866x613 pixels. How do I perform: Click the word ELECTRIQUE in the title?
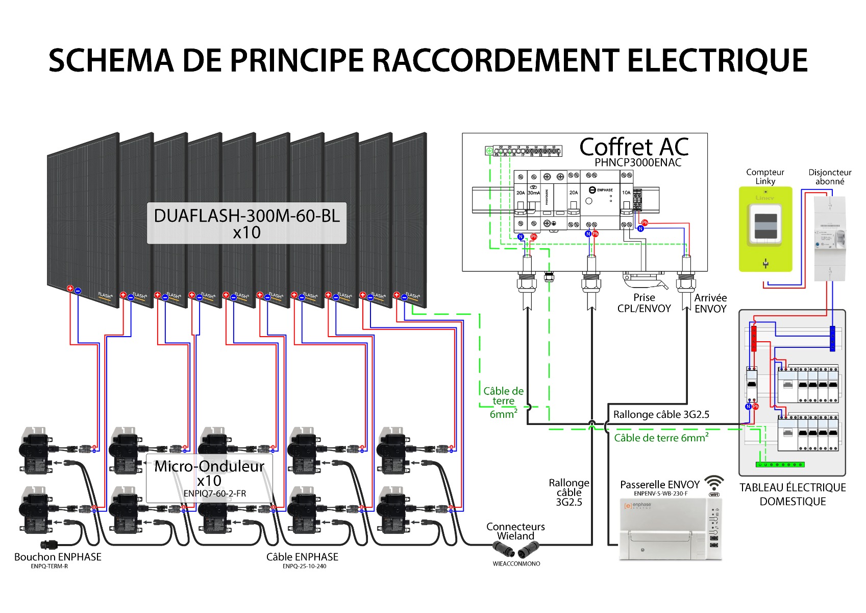click(x=717, y=61)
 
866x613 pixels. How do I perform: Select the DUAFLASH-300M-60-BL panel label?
click(x=246, y=216)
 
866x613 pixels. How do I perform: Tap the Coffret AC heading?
click(x=634, y=147)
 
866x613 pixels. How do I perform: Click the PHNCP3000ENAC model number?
click(x=637, y=162)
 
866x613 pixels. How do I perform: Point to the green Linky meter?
click(x=765, y=229)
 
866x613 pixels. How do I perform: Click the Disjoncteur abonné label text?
click(x=830, y=177)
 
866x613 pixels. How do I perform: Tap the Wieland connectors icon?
click(x=516, y=551)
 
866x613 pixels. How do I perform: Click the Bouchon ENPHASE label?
click(x=58, y=557)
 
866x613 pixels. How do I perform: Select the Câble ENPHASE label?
click(x=302, y=557)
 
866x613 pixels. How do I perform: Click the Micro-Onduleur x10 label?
click(x=209, y=473)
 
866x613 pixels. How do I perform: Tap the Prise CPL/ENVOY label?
click(x=644, y=303)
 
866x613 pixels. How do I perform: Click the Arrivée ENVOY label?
click(x=710, y=303)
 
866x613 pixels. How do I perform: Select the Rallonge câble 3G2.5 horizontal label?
click(x=661, y=414)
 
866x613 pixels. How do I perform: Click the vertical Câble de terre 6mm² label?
click(x=503, y=403)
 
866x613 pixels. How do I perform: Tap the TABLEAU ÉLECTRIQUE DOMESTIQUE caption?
click(x=792, y=494)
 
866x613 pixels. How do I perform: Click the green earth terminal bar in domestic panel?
click(x=780, y=465)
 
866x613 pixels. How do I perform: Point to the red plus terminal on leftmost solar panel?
click(x=70, y=289)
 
